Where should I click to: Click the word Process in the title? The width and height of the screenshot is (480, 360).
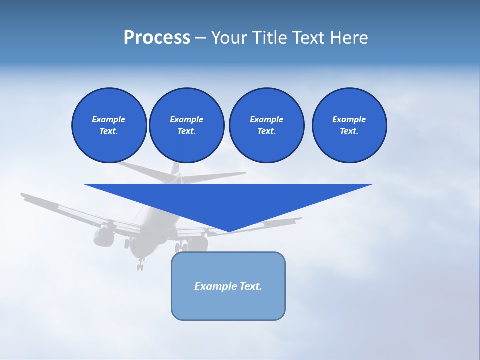[157, 38]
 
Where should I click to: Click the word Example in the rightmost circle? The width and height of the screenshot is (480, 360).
[349, 119]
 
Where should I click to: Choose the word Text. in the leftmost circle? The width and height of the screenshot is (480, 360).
[109, 131]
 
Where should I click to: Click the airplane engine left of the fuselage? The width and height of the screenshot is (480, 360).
[103, 236]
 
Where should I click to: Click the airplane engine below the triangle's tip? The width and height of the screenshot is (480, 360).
[198, 243]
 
